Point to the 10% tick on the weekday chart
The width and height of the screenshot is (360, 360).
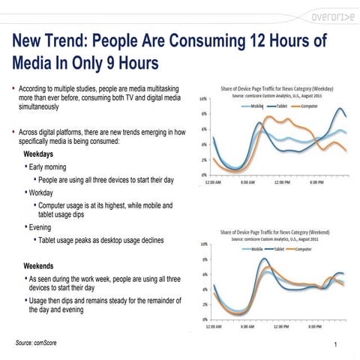(x=203, y=99)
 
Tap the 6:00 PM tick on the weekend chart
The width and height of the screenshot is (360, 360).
(x=316, y=327)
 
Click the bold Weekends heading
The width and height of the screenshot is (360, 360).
(x=42, y=266)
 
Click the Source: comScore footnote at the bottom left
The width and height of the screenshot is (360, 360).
(x=36, y=342)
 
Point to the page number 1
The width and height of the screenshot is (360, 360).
(x=339, y=343)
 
